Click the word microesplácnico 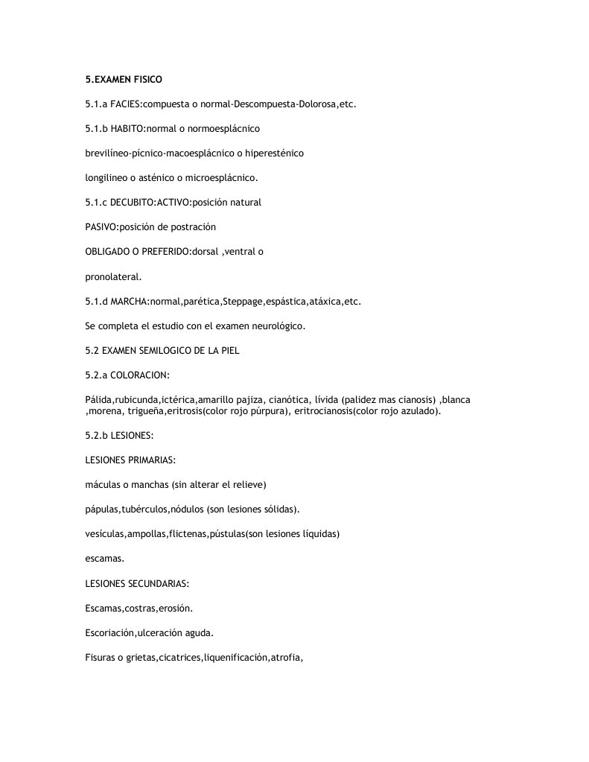click(221, 178)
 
